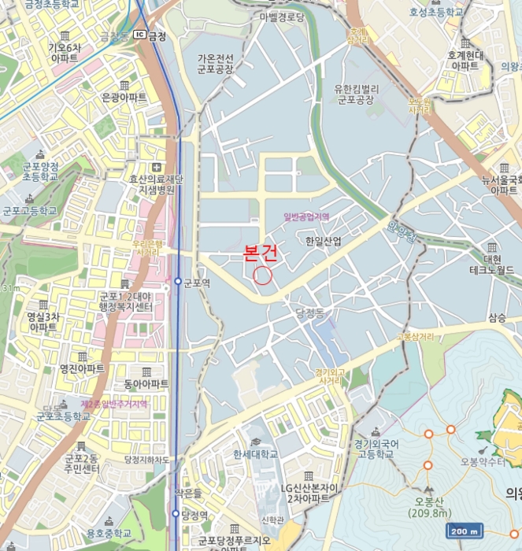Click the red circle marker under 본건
[x=263, y=275]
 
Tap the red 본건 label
[x=261, y=254]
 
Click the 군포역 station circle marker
[x=178, y=281]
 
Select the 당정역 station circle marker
[x=176, y=513]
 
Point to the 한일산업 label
[x=323, y=242]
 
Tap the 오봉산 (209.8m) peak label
[x=429, y=507]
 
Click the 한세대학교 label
[x=255, y=454]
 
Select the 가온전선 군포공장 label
[x=216, y=64]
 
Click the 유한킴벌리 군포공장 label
[x=358, y=94]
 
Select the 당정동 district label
[x=309, y=313]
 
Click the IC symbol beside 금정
[x=139, y=35]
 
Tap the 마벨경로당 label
[x=281, y=17]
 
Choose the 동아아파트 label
[x=146, y=384]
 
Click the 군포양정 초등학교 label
[x=40, y=172]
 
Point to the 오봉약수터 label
[x=483, y=462]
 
